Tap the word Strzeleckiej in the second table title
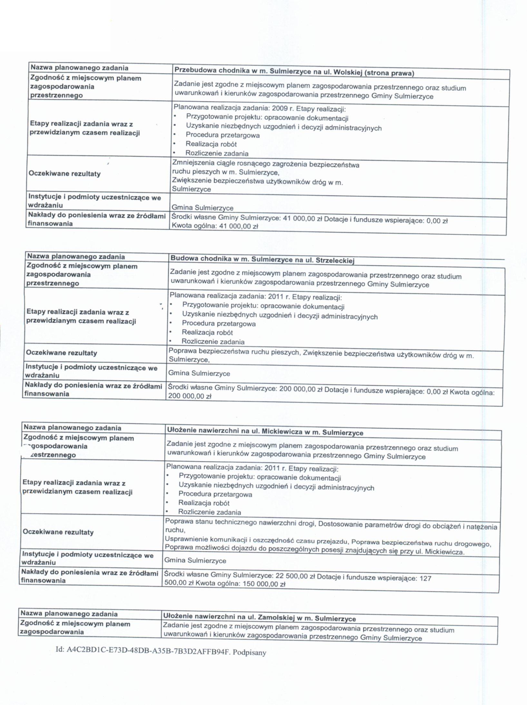click(x=335, y=260)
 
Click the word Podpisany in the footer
click(x=249, y=653)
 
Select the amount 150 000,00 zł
click(x=264, y=584)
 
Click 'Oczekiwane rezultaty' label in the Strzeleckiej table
click(x=61, y=353)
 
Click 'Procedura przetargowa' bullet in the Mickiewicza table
click(x=215, y=494)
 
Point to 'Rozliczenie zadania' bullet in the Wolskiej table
click(x=217, y=153)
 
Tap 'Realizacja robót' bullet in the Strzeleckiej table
click(x=207, y=332)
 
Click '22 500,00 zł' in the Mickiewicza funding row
click(x=295, y=575)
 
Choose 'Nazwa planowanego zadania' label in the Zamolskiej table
click(x=69, y=613)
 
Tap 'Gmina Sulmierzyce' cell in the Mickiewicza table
click(x=195, y=560)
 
